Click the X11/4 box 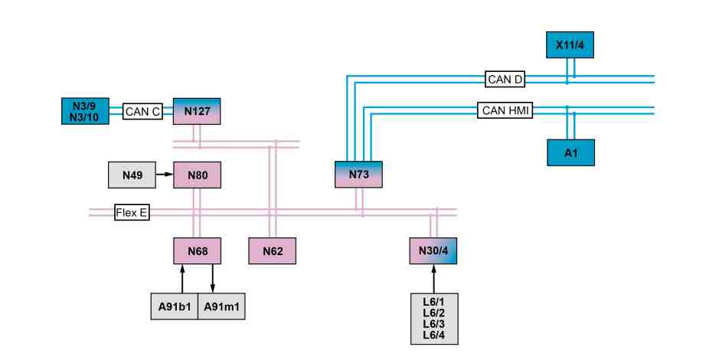(x=570, y=45)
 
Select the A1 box (x=570, y=152)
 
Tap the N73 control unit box (x=358, y=175)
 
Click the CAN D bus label (x=505, y=80)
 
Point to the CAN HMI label (x=505, y=110)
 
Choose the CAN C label (x=142, y=111)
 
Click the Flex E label (x=132, y=212)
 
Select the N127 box (x=197, y=111)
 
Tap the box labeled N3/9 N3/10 (x=85, y=111)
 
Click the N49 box (x=132, y=175)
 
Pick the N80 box (x=198, y=175)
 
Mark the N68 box (x=198, y=251)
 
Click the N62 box (x=273, y=251)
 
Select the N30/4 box (x=433, y=251)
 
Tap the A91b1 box (x=175, y=306)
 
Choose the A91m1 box (x=221, y=306)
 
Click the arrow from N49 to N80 (x=165, y=175)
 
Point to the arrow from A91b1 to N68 (x=182, y=279)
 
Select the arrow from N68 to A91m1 (x=212, y=279)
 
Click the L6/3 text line (x=434, y=324)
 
